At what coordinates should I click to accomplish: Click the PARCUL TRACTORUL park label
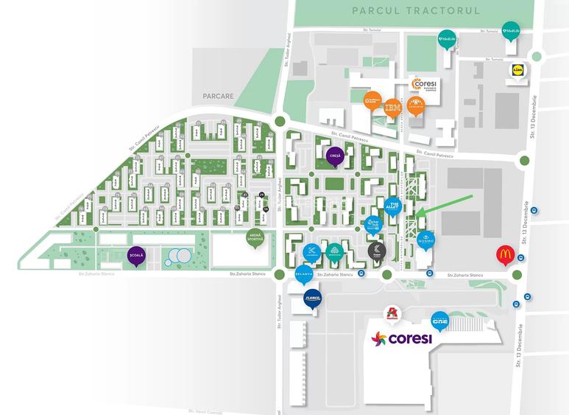click(415, 11)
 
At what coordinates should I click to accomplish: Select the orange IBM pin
click(393, 108)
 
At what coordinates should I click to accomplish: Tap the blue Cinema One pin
click(440, 320)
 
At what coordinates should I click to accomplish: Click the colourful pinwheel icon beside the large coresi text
click(378, 340)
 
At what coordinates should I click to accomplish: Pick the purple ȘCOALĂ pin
click(136, 255)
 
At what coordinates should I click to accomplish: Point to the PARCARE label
click(219, 96)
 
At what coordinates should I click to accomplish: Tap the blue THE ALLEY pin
click(394, 207)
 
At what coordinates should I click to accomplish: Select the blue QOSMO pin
click(426, 240)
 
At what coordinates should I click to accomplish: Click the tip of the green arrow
click(417, 216)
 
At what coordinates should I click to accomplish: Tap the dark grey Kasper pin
click(375, 251)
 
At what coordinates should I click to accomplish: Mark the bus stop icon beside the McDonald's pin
click(520, 258)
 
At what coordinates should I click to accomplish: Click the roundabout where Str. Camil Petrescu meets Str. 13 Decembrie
click(523, 159)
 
